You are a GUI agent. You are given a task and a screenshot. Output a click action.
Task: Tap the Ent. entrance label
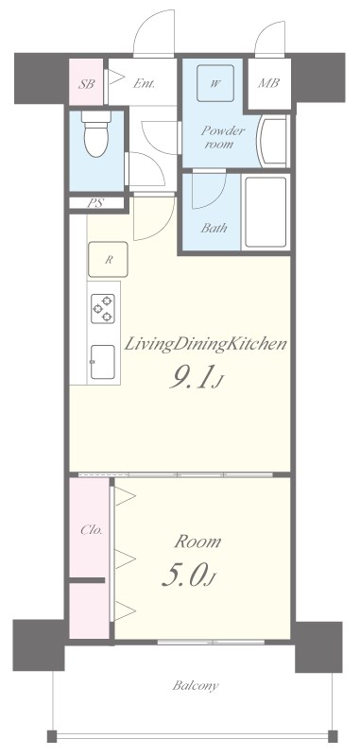(x=144, y=83)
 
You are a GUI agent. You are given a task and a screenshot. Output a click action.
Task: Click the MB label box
(x=268, y=83)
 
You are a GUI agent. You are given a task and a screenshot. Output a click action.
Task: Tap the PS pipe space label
(x=94, y=203)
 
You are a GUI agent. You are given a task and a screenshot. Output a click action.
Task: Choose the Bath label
(x=214, y=227)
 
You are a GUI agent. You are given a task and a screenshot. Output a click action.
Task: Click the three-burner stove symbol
(x=102, y=308)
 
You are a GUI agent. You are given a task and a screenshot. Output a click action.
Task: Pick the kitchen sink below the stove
(x=102, y=359)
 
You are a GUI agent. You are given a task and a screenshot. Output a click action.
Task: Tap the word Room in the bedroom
(x=197, y=541)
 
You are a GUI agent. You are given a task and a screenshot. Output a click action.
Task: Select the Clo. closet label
(x=89, y=528)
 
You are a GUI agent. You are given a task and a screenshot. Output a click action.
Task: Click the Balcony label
(x=195, y=685)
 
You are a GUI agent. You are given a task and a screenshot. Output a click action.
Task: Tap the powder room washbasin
(x=274, y=140)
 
